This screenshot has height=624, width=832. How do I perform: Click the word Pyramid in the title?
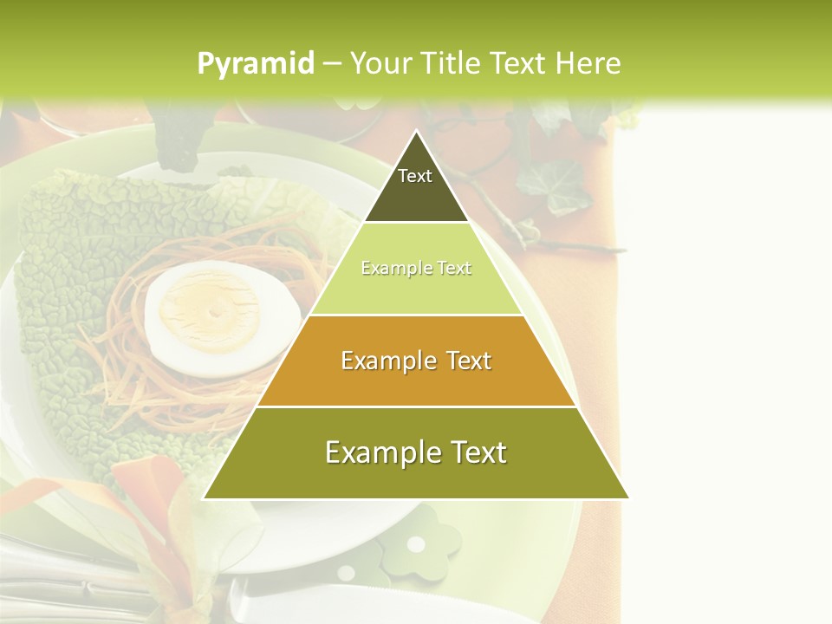coord(255,63)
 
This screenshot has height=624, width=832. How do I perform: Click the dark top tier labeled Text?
coord(415,186)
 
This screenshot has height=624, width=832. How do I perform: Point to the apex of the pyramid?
coord(416,133)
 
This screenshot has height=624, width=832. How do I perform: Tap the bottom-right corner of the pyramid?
coord(627,498)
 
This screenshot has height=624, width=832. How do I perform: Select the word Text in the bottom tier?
coord(472,452)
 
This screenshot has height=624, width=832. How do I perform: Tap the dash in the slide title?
coord(331,63)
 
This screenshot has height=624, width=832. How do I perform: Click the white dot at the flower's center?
coord(417,544)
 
